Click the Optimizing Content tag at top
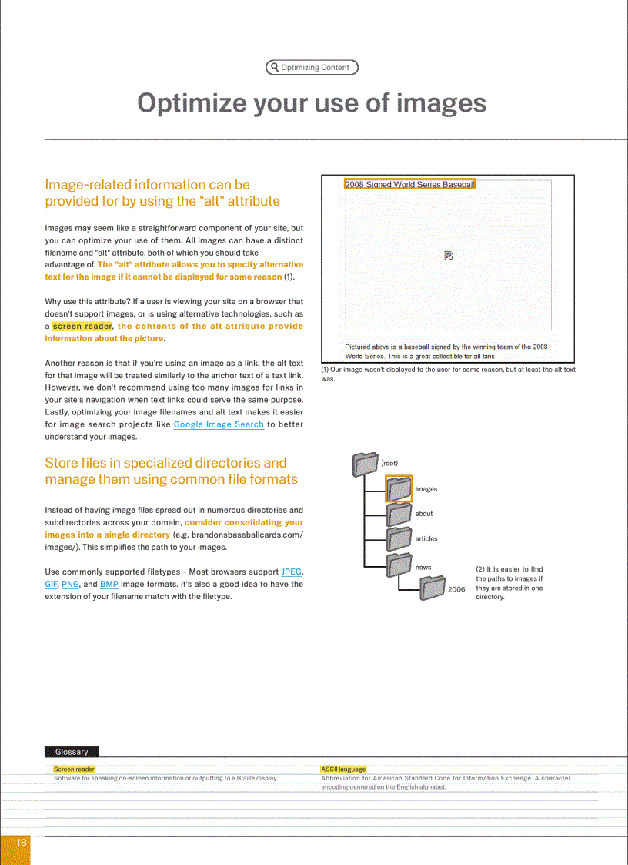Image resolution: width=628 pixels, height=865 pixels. (312, 67)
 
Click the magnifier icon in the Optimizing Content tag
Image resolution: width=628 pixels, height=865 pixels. (275, 67)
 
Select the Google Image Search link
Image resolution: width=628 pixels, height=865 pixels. (219, 424)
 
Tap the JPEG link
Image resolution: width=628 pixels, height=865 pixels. (292, 572)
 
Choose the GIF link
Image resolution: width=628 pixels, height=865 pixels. (51, 584)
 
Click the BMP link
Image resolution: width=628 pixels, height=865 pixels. (109, 584)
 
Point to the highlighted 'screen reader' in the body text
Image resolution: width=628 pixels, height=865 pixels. (82, 326)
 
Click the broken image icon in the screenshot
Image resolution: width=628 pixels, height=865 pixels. (449, 255)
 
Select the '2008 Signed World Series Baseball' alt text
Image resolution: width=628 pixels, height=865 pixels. (409, 184)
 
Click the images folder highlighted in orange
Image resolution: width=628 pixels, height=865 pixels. (399, 488)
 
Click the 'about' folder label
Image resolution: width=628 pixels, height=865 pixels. (424, 514)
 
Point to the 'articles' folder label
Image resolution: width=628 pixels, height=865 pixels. (426, 539)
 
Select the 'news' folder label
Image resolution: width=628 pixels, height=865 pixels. (423, 568)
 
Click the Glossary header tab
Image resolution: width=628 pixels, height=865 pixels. (72, 752)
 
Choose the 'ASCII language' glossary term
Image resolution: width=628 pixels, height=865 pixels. (343, 769)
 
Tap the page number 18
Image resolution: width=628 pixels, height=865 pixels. (22, 843)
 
